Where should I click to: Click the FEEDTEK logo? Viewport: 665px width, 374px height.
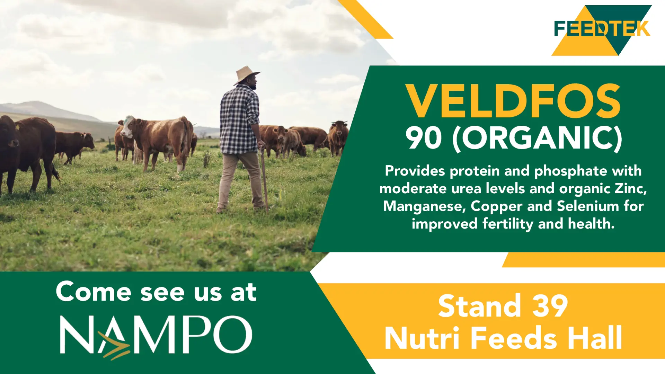(x=602, y=29)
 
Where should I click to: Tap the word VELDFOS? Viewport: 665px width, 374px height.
(x=513, y=101)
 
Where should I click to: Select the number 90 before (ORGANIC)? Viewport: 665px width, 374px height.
(x=424, y=138)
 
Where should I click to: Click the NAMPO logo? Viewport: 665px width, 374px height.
(x=156, y=335)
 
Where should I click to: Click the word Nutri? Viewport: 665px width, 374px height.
(x=422, y=338)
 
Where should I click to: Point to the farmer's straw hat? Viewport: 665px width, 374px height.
(x=246, y=73)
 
